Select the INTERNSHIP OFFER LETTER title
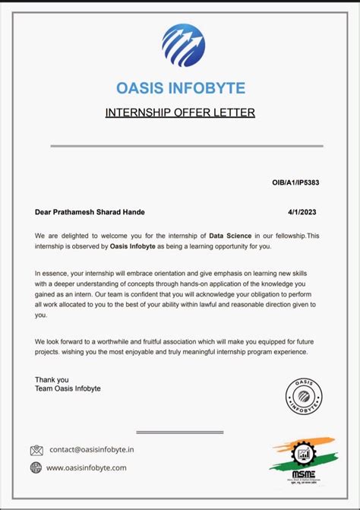[x=180, y=113]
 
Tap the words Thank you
[x=52, y=379]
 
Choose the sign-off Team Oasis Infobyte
[x=68, y=388]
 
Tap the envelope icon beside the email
[x=36, y=450]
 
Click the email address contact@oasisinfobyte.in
[x=91, y=450]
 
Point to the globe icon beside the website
[x=36, y=468]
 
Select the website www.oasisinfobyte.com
[x=87, y=468]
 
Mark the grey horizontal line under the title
[x=187, y=146]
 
